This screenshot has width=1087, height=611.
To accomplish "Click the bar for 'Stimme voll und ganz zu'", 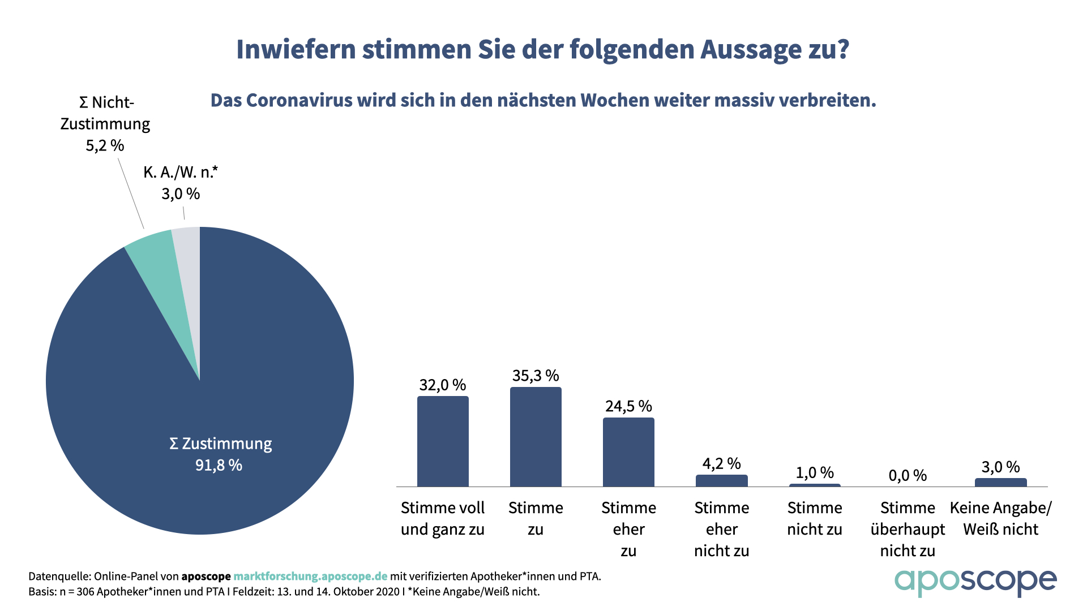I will (x=443, y=441).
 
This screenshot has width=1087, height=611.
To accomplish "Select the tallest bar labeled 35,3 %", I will (x=536, y=437).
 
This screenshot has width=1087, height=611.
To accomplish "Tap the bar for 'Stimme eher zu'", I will (x=628, y=452).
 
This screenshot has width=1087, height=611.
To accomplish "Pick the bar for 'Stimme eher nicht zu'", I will (x=721, y=481).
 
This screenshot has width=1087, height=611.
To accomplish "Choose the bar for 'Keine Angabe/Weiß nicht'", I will (x=1000, y=483).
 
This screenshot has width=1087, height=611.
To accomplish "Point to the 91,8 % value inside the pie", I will (x=219, y=465).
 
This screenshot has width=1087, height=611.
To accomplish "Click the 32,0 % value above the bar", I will (x=442, y=385).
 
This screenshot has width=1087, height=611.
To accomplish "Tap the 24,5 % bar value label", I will (x=628, y=406).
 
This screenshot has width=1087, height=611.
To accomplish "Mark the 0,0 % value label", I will (x=908, y=475).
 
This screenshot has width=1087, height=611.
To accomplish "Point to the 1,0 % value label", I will (x=815, y=472).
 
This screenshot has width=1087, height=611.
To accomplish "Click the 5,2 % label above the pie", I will (x=105, y=145).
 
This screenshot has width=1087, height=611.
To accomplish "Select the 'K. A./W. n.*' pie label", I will (x=181, y=172).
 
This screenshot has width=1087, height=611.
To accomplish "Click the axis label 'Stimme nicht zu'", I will (x=815, y=518).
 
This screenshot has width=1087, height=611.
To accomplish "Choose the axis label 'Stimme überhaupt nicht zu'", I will (x=908, y=529).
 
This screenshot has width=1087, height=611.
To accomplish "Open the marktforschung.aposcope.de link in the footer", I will (x=310, y=576).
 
